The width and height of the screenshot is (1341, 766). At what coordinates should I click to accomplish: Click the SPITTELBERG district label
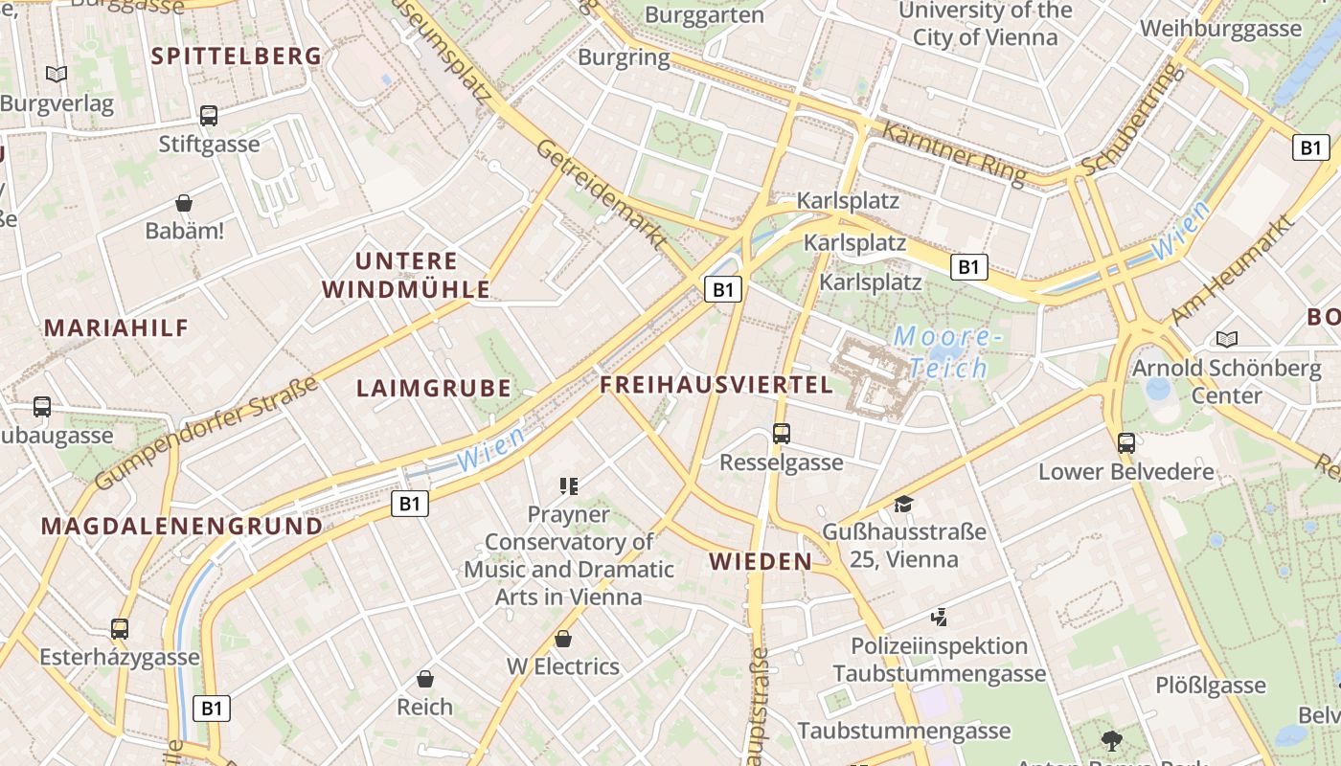click(x=237, y=56)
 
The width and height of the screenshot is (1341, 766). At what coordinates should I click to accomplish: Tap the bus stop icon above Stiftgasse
click(x=209, y=117)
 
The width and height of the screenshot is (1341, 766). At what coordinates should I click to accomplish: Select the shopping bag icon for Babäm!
click(x=184, y=203)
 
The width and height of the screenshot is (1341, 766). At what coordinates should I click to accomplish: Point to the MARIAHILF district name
click(x=117, y=327)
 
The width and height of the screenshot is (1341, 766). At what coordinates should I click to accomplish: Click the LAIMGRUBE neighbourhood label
click(x=434, y=388)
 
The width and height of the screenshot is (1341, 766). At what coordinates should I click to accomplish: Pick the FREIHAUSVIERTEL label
click(x=716, y=385)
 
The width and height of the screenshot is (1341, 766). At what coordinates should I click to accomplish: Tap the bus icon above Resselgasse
click(x=782, y=434)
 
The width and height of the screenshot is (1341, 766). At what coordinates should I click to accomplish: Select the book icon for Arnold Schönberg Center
click(x=1226, y=339)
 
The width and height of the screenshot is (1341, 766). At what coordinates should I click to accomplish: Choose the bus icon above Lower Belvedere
click(x=1126, y=443)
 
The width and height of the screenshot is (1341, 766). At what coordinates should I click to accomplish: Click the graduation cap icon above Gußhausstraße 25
click(x=903, y=504)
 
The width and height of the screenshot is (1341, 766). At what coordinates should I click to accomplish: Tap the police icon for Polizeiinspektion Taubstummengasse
click(x=939, y=618)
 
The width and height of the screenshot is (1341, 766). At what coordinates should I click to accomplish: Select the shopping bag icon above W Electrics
click(x=563, y=639)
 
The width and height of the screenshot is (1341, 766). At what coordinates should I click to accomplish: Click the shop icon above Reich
click(x=425, y=680)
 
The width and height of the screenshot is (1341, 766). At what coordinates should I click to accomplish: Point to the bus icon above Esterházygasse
click(x=120, y=629)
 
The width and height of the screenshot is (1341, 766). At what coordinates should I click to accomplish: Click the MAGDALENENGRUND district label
click(x=182, y=526)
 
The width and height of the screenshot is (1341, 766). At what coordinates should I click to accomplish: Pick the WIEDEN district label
click(x=761, y=561)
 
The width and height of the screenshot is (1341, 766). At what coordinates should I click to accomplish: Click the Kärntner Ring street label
click(x=952, y=153)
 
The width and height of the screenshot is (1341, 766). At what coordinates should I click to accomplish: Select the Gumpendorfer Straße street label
click(x=207, y=432)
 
